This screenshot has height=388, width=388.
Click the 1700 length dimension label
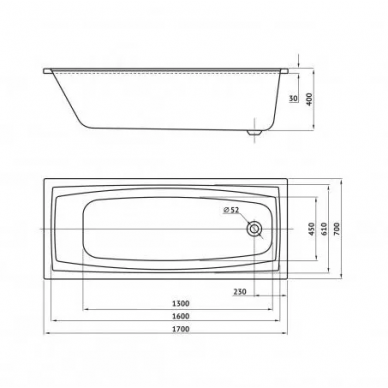(x=181, y=329)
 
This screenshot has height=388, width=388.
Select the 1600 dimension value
(x=181, y=316)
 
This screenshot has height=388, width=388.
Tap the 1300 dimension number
(x=181, y=303)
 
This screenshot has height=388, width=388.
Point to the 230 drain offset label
(x=240, y=292)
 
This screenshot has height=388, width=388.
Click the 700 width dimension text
(x=337, y=228)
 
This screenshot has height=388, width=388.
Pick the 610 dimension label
(x=324, y=229)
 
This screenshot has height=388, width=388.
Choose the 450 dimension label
(x=311, y=229)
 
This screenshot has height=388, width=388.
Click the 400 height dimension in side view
(x=309, y=99)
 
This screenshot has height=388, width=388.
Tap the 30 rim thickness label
(x=293, y=98)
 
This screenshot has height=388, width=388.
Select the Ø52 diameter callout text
(x=231, y=210)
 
